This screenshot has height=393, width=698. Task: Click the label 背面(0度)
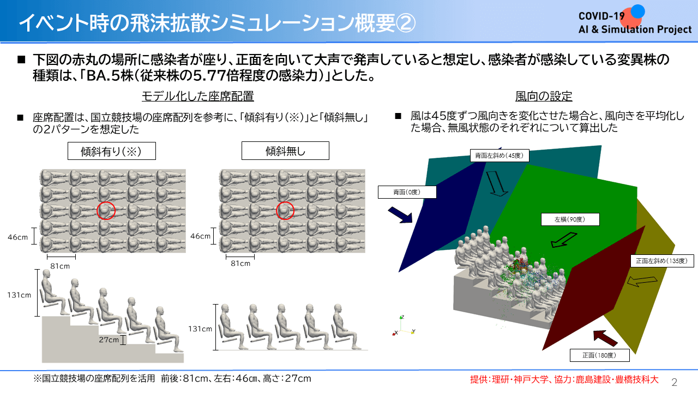coord(407,192)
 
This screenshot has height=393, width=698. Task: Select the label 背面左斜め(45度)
coord(500,156)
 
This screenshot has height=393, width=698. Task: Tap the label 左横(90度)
coord(570,219)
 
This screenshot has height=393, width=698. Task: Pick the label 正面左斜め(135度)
coord(662,261)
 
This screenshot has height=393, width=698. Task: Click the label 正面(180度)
coord(599,355)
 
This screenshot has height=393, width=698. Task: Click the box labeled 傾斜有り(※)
coord(112,151)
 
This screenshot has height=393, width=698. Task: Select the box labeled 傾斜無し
coord(285,151)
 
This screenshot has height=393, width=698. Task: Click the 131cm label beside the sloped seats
coord(19,295)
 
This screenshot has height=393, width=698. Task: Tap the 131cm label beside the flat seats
coord(200,329)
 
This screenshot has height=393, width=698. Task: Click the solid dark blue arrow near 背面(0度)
coord(400,215)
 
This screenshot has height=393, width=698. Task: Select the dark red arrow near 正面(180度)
coord(605,338)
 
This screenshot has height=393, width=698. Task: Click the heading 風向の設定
coord(544,97)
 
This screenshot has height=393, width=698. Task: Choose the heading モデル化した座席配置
coord(198,96)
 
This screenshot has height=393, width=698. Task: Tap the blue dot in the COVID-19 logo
coord(638,11)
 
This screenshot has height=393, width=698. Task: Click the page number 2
coord(675,382)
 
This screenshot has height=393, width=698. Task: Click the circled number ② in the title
coord(406,23)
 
